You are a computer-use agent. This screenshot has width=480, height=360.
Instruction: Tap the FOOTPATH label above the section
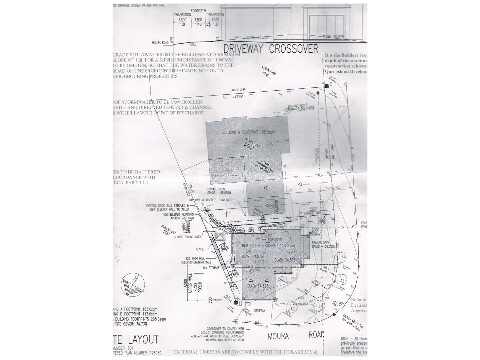198,11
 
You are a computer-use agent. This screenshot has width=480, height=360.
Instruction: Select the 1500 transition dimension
182,20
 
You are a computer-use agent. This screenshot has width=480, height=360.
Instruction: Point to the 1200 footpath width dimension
198,20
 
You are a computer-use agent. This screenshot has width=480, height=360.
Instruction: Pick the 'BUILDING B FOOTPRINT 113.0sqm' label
268,245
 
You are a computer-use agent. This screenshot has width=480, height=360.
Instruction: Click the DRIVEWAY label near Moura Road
259,310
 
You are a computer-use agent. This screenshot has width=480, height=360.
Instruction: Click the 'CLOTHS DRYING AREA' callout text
187,237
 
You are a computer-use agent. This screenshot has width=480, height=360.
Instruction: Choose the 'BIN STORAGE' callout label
211,268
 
